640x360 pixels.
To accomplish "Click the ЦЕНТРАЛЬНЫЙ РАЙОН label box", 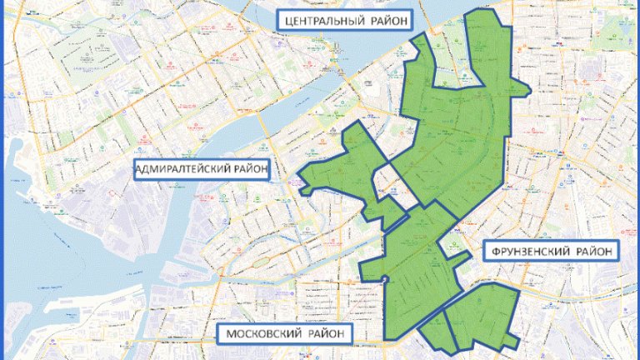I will tap(344, 20).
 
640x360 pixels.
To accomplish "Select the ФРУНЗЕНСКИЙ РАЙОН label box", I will tap(548, 250).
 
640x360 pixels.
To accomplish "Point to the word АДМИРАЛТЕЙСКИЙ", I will tap(180, 171).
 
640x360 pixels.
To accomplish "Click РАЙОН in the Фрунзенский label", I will tap(593, 250).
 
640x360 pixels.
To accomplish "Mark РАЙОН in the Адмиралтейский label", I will tap(247, 171).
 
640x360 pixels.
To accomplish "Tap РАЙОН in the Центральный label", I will tap(387, 20).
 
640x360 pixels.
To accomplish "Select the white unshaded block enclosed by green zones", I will tap(396, 187).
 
